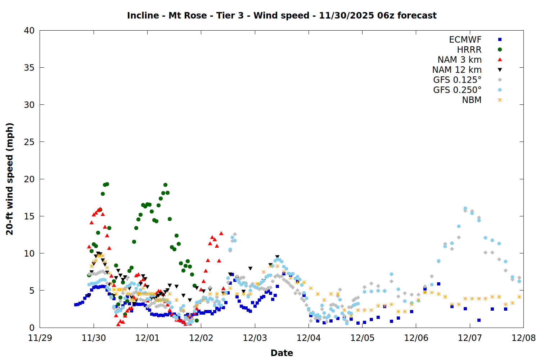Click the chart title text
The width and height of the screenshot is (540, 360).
pyautogui.click(x=282, y=15)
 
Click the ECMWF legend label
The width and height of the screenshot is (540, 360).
pyautogui.click(x=465, y=40)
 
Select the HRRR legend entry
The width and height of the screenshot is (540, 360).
pyautogui.click(x=469, y=50)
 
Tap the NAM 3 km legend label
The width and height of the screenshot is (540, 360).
pyautogui.click(x=459, y=60)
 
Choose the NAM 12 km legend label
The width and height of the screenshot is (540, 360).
pyautogui.click(x=457, y=70)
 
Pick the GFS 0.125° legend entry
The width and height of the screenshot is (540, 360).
pyautogui.click(x=457, y=80)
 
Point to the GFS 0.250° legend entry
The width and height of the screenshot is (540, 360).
pyautogui.click(x=457, y=90)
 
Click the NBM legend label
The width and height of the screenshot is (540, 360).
pyautogui.click(x=472, y=100)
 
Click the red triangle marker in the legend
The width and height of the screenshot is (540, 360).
pyautogui.click(x=500, y=59)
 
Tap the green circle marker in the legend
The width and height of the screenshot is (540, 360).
pyautogui.click(x=500, y=50)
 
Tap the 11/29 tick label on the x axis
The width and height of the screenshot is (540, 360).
pyautogui.click(x=40, y=338)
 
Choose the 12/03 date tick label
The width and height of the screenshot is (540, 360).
pyautogui.click(x=255, y=338)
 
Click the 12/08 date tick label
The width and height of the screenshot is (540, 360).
pyautogui.click(x=523, y=338)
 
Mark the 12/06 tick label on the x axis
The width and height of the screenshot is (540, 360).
pyautogui.click(x=416, y=338)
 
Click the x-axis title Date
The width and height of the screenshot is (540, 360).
pyautogui.click(x=282, y=353)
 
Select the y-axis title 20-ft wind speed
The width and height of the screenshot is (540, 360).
pyautogui.click(x=10, y=179)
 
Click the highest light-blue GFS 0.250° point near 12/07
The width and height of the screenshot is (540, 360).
pyautogui.click(x=465, y=208)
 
